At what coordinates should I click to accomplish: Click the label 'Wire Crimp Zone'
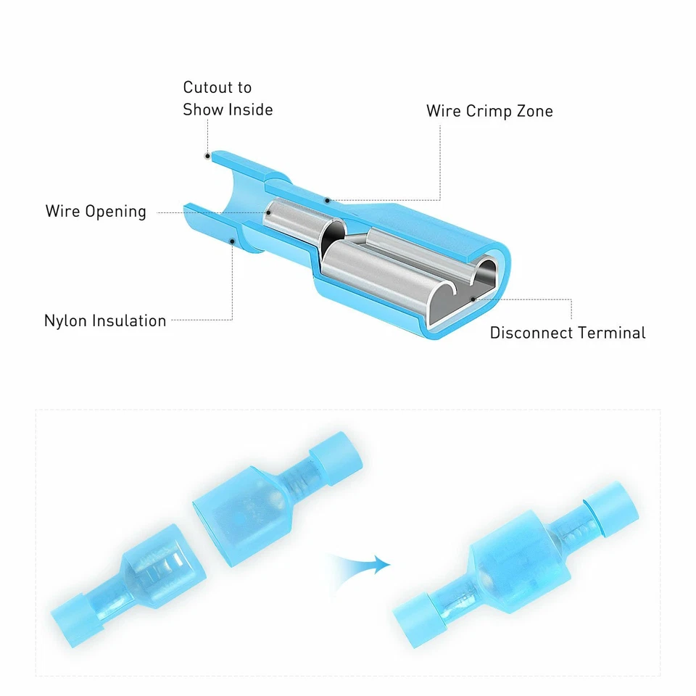pos(489,111)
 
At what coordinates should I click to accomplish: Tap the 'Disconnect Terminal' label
pos(567,333)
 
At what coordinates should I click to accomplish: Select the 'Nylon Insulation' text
pos(105,320)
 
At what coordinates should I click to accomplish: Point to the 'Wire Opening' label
pos(96,212)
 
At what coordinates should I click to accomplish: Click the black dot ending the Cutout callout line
pos(207,155)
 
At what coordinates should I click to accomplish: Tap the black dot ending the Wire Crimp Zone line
pos(327,201)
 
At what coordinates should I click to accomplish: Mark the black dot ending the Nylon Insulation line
pos(232,241)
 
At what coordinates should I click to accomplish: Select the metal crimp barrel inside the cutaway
pos(294,222)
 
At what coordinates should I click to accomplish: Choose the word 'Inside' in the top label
pos(251,110)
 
